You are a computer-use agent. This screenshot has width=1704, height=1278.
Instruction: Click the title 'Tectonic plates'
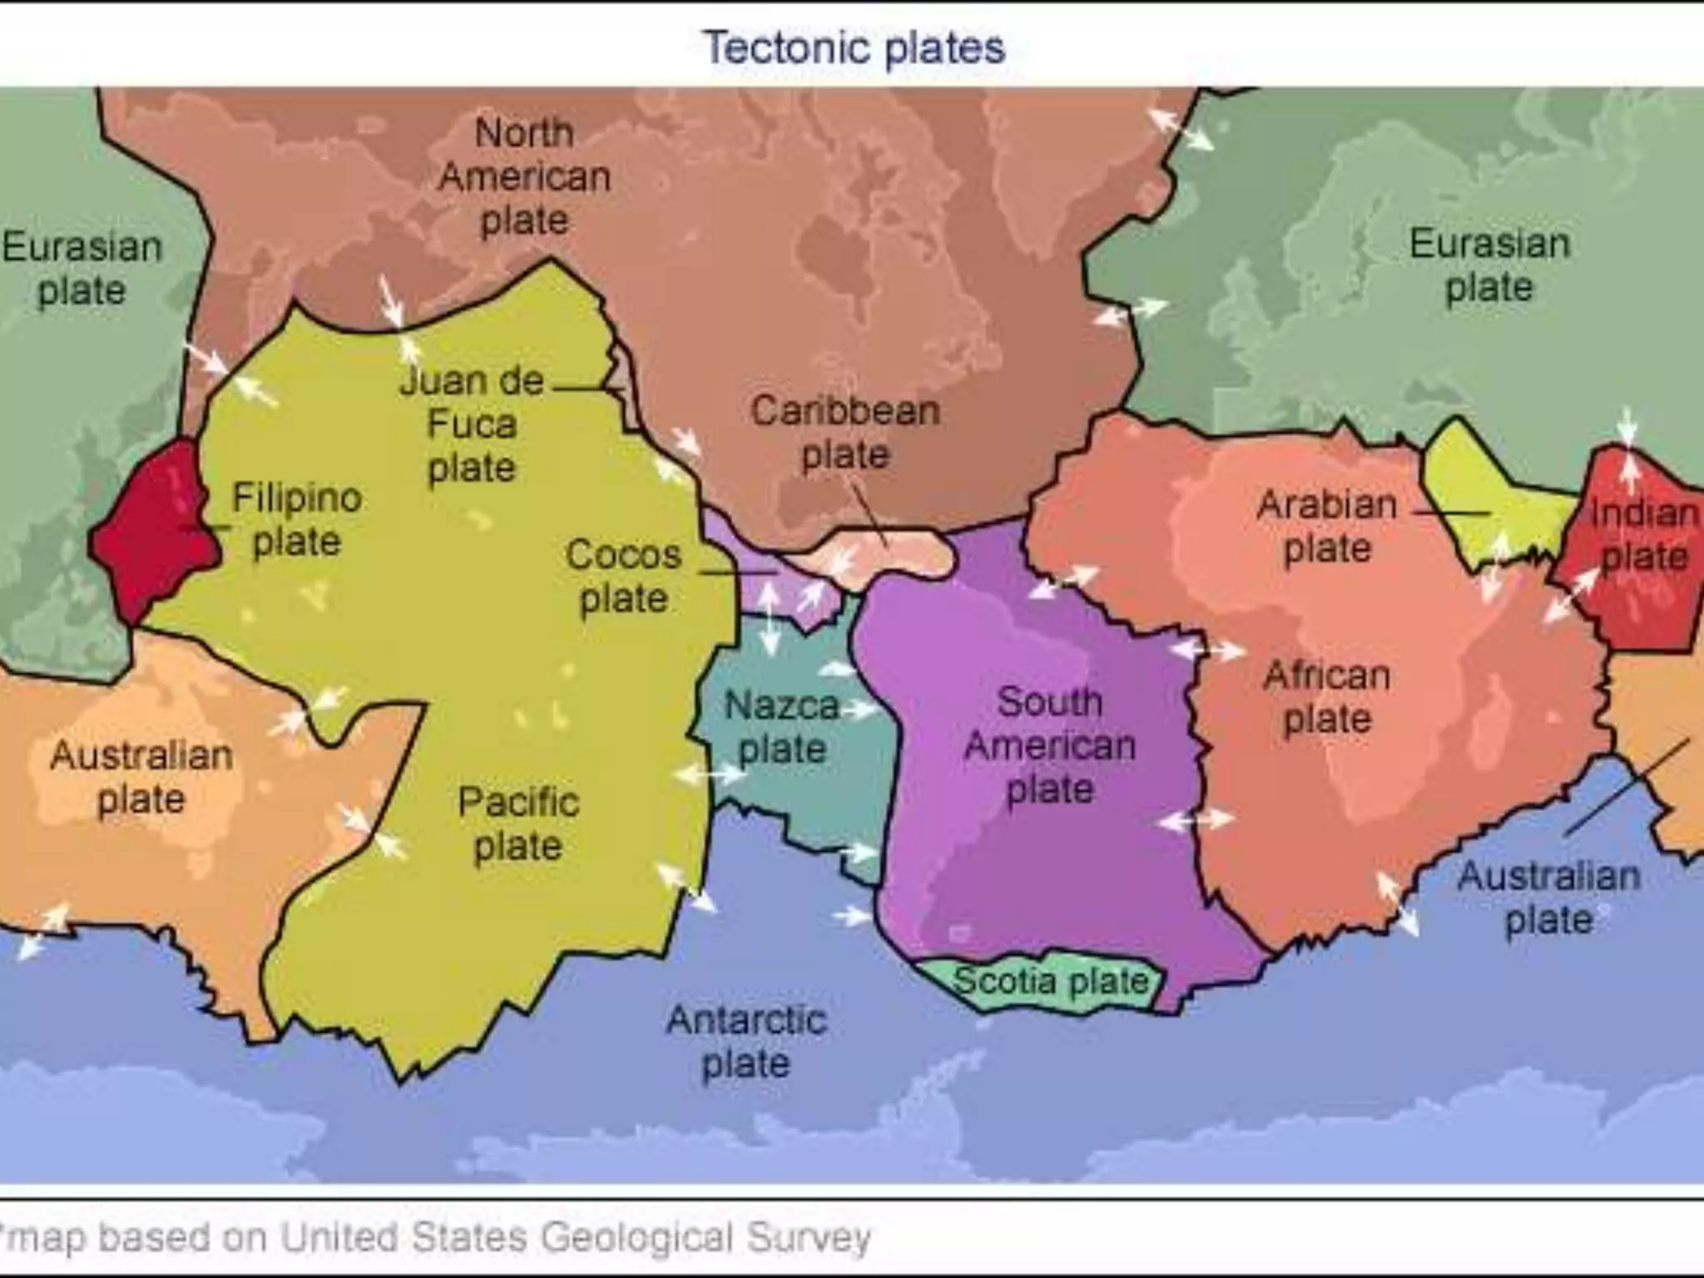click(x=854, y=47)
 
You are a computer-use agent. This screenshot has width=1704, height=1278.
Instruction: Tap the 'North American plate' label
click(x=524, y=176)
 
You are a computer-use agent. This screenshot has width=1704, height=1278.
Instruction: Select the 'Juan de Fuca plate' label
click(x=472, y=424)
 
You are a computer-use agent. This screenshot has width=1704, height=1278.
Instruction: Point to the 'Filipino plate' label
click(x=297, y=519)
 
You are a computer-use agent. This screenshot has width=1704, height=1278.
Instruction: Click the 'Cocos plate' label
click(x=623, y=576)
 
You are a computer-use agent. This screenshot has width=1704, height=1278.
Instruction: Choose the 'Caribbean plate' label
click(x=845, y=433)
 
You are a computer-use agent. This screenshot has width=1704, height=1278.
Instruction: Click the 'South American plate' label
click(x=1050, y=745)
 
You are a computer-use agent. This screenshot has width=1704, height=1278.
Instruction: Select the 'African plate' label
click(x=1327, y=697)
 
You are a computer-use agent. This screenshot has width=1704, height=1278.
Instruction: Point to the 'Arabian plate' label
click(x=1327, y=526)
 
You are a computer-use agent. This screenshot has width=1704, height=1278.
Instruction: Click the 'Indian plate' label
click(x=1644, y=534)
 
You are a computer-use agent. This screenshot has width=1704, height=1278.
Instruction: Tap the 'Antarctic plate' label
click(x=746, y=1042)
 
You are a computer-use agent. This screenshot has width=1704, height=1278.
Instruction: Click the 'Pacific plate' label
click(x=518, y=824)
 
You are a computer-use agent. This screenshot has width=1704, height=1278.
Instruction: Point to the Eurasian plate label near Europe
click(x=1489, y=265)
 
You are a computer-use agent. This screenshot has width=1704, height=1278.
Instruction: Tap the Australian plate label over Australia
click(x=141, y=777)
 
